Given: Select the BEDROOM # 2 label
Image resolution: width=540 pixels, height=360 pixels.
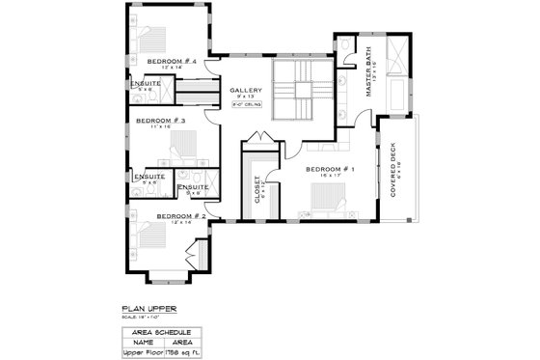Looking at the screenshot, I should tap(175, 216).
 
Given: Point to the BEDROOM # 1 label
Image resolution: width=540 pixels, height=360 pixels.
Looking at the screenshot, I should tap(330, 170).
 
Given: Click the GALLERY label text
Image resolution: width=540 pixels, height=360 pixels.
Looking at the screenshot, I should tap(246, 91).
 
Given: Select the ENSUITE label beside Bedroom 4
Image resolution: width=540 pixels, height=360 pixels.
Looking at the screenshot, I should tap(147, 83).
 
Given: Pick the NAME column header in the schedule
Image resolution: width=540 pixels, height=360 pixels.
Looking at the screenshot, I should tap(143, 341).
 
